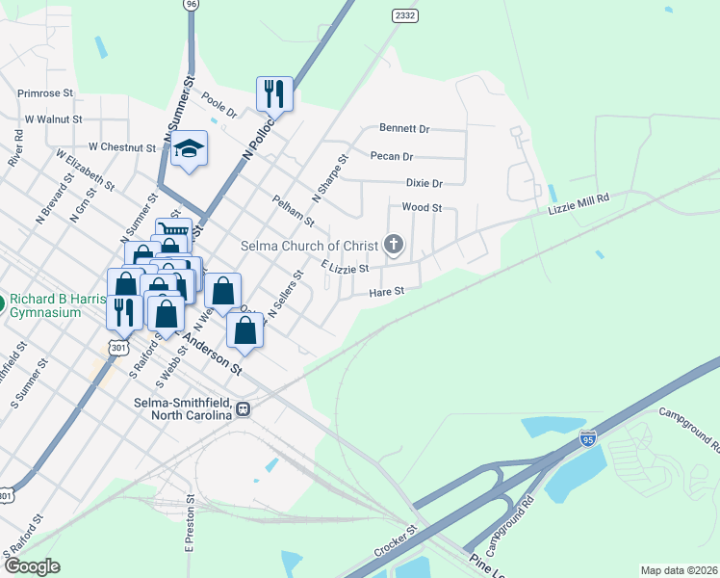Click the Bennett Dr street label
(404, 128)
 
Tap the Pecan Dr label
(392, 156)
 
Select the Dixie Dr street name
(424, 183)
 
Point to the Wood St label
(422, 207)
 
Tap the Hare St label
(385, 289)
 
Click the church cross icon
(394, 245)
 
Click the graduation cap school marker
(190, 148)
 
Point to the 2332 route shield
(404, 15)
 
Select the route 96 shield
(191, 4)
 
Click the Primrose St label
(45, 93)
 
